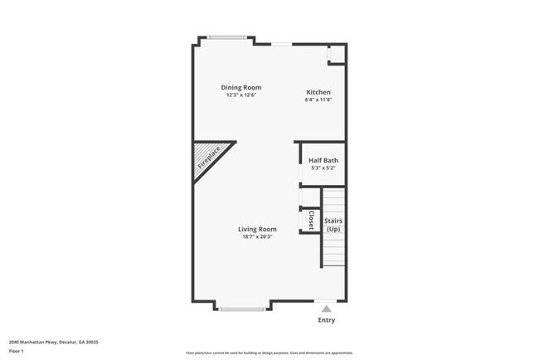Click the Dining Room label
tap(241, 87)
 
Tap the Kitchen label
tap(318, 92)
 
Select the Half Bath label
tap(323, 161)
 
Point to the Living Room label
tap(257, 229)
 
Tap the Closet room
tap(310, 220)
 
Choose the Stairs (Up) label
tap(333, 225)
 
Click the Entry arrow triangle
tap(326, 309)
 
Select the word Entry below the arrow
tap(327, 320)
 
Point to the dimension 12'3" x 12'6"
tap(241, 95)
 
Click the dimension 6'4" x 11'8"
tap(318, 100)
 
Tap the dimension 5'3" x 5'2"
tap(323, 169)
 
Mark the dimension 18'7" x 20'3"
tap(257, 237)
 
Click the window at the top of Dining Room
tap(226, 36)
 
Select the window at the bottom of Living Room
tap(241, 309)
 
